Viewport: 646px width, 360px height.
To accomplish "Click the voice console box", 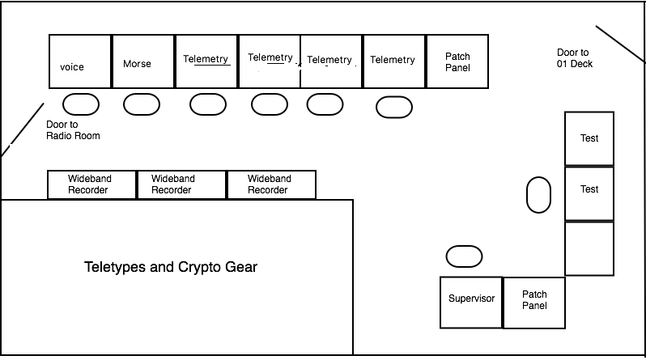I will (80, 61).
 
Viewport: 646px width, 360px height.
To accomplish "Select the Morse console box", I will (142, 61).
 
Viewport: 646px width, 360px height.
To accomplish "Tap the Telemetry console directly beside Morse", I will (206, 61).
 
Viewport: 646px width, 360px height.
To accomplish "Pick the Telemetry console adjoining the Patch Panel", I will (393, 61).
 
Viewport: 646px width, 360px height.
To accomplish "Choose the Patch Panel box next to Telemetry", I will (457, 61).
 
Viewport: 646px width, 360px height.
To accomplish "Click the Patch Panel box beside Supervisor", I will (533, 302).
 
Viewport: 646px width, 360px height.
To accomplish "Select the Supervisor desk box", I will (471, 302).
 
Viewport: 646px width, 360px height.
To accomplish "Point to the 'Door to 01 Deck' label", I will (574, 57).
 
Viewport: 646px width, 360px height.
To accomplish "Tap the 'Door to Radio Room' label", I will (73, 130).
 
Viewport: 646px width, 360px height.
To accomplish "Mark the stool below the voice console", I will (81, 104).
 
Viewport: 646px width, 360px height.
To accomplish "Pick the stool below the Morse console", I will (142, 104).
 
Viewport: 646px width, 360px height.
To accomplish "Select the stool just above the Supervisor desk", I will (464, 256).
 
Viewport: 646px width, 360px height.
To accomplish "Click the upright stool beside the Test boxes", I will (538, 195).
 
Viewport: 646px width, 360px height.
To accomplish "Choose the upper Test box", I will (589, 138).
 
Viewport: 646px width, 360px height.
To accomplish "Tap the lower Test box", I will (589, 193).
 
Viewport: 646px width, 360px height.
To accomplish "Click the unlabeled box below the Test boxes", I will (589, 248).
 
